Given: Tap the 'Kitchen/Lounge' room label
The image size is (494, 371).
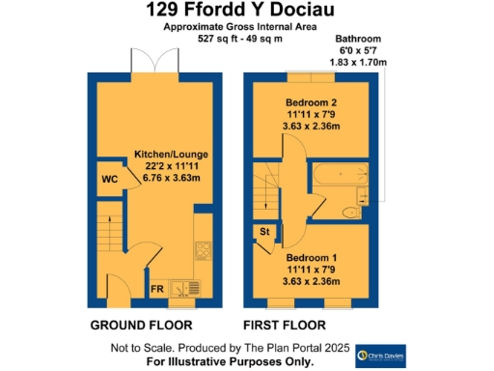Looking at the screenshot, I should pos(171,155).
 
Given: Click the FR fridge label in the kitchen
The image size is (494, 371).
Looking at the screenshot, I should pos(156,289).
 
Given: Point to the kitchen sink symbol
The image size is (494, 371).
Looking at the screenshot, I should pos(183,287).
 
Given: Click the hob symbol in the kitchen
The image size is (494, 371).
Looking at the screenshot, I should pos(204,250).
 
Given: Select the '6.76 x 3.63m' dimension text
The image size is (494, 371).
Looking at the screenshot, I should pos(171,178).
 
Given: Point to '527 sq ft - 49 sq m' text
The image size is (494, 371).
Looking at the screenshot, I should pos(240,40).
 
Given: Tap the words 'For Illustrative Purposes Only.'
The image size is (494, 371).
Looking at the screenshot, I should pos(230,361).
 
